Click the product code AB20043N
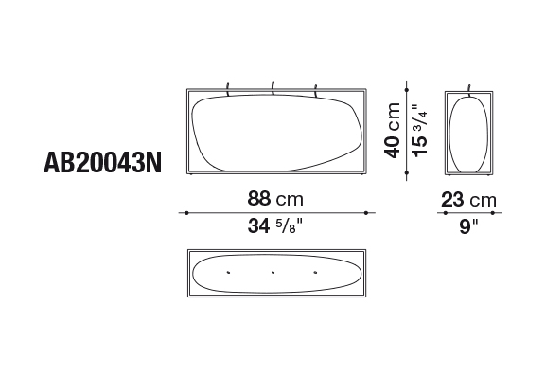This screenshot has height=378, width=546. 103,163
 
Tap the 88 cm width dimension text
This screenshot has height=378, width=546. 275,199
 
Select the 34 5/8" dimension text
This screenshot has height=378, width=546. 275,225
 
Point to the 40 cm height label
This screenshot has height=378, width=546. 392,131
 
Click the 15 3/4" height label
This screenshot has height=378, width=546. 419,131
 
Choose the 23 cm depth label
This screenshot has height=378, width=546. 468,200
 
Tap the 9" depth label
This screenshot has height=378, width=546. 468,226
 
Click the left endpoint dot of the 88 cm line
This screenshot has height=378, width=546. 187,213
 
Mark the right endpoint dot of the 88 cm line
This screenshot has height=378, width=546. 366,213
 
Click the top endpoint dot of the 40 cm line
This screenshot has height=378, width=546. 407,90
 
